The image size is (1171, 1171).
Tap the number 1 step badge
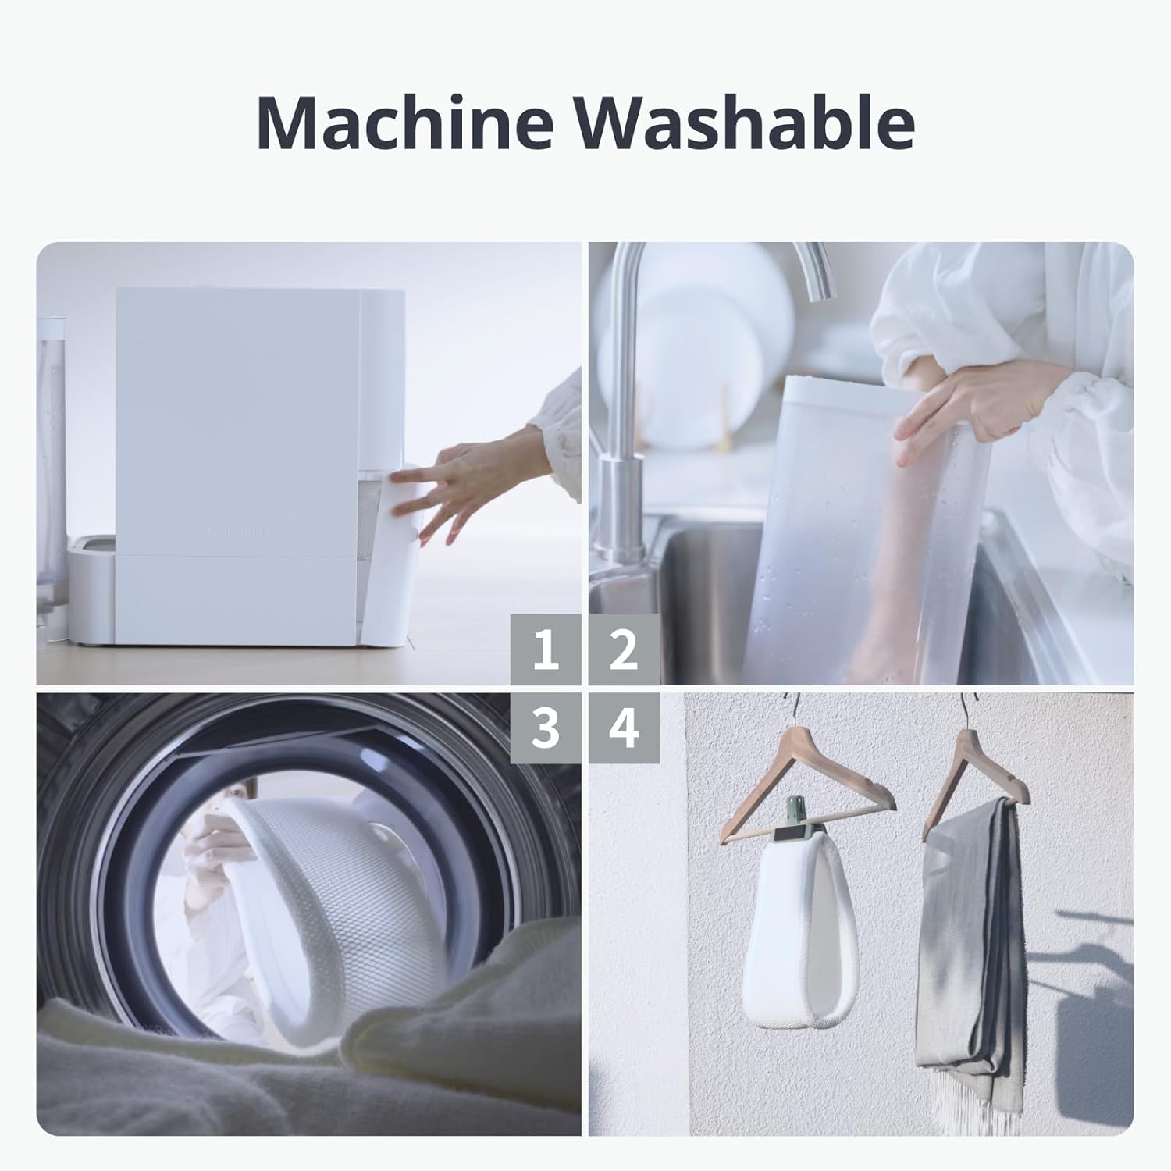(546, 650)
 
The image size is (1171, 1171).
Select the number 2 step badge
(623, 650)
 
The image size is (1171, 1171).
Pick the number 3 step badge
(546, 728)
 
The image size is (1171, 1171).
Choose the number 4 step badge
(623, 728)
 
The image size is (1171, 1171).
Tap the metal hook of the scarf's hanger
(968, 710)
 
